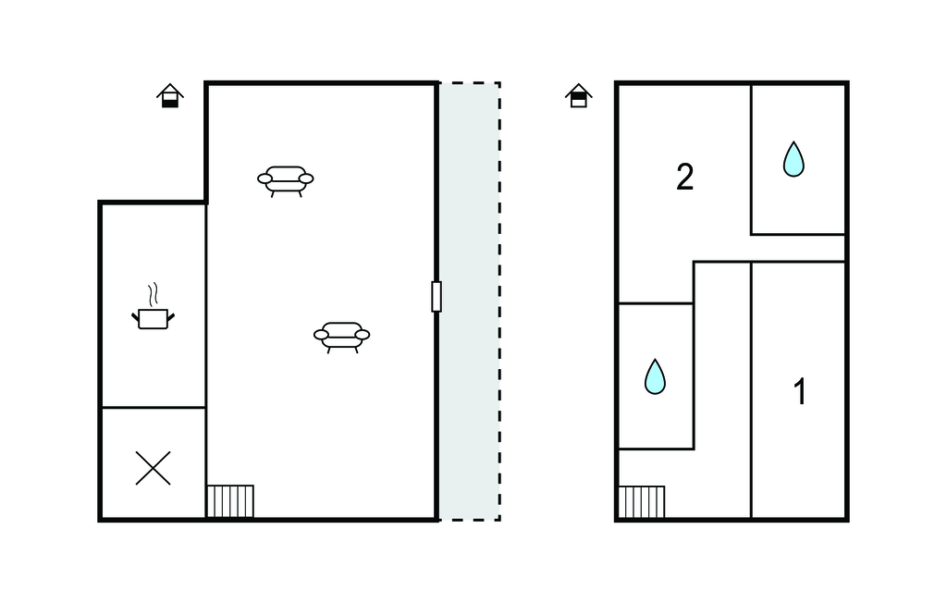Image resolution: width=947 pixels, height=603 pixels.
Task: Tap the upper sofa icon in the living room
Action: pyautogui.click(x=286, y=181)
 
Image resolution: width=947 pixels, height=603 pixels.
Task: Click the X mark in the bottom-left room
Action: pyautogui.click(x=153, y=468)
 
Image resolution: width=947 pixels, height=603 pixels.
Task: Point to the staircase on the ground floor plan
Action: pyautogui.click(x=230, y=501)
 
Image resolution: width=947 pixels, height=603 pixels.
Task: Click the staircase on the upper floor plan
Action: pyautogui.click(x=642, y=502)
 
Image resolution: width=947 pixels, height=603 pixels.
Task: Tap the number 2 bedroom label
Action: pyautogui.click(x=685, y=178)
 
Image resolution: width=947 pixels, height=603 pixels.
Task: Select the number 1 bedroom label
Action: pyautogui.click(x=800, y=391)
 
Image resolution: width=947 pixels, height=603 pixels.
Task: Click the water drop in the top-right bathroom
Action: pyautogui.click(x=793, y=159)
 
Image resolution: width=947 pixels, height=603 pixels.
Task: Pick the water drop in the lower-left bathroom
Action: pyautogui.click(x=655, y=376)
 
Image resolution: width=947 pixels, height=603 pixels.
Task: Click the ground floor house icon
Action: pyautogui.click(x=170, y=95)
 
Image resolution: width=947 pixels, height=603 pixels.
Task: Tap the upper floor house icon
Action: pyautogui.click(x=579, y=95)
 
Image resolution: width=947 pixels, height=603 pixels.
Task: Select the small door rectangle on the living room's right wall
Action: pyautogui.click(x=437, y=297)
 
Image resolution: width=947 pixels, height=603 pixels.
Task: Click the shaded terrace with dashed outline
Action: pyautogui.click(x=469, y=301)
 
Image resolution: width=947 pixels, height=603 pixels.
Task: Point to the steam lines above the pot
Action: pyautogui.click(x=154, y=294)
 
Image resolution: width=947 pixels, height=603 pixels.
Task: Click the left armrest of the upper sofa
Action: pyautogui.click(x=265, y=178)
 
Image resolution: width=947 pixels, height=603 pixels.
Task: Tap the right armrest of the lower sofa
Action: pyautogui.click(x=363, y=335)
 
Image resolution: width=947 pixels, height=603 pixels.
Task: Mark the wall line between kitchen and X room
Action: pyautogui.click(x=154, y=408)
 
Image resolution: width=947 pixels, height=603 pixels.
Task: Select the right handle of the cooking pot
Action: pyautogui.click(x=171, y=317)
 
